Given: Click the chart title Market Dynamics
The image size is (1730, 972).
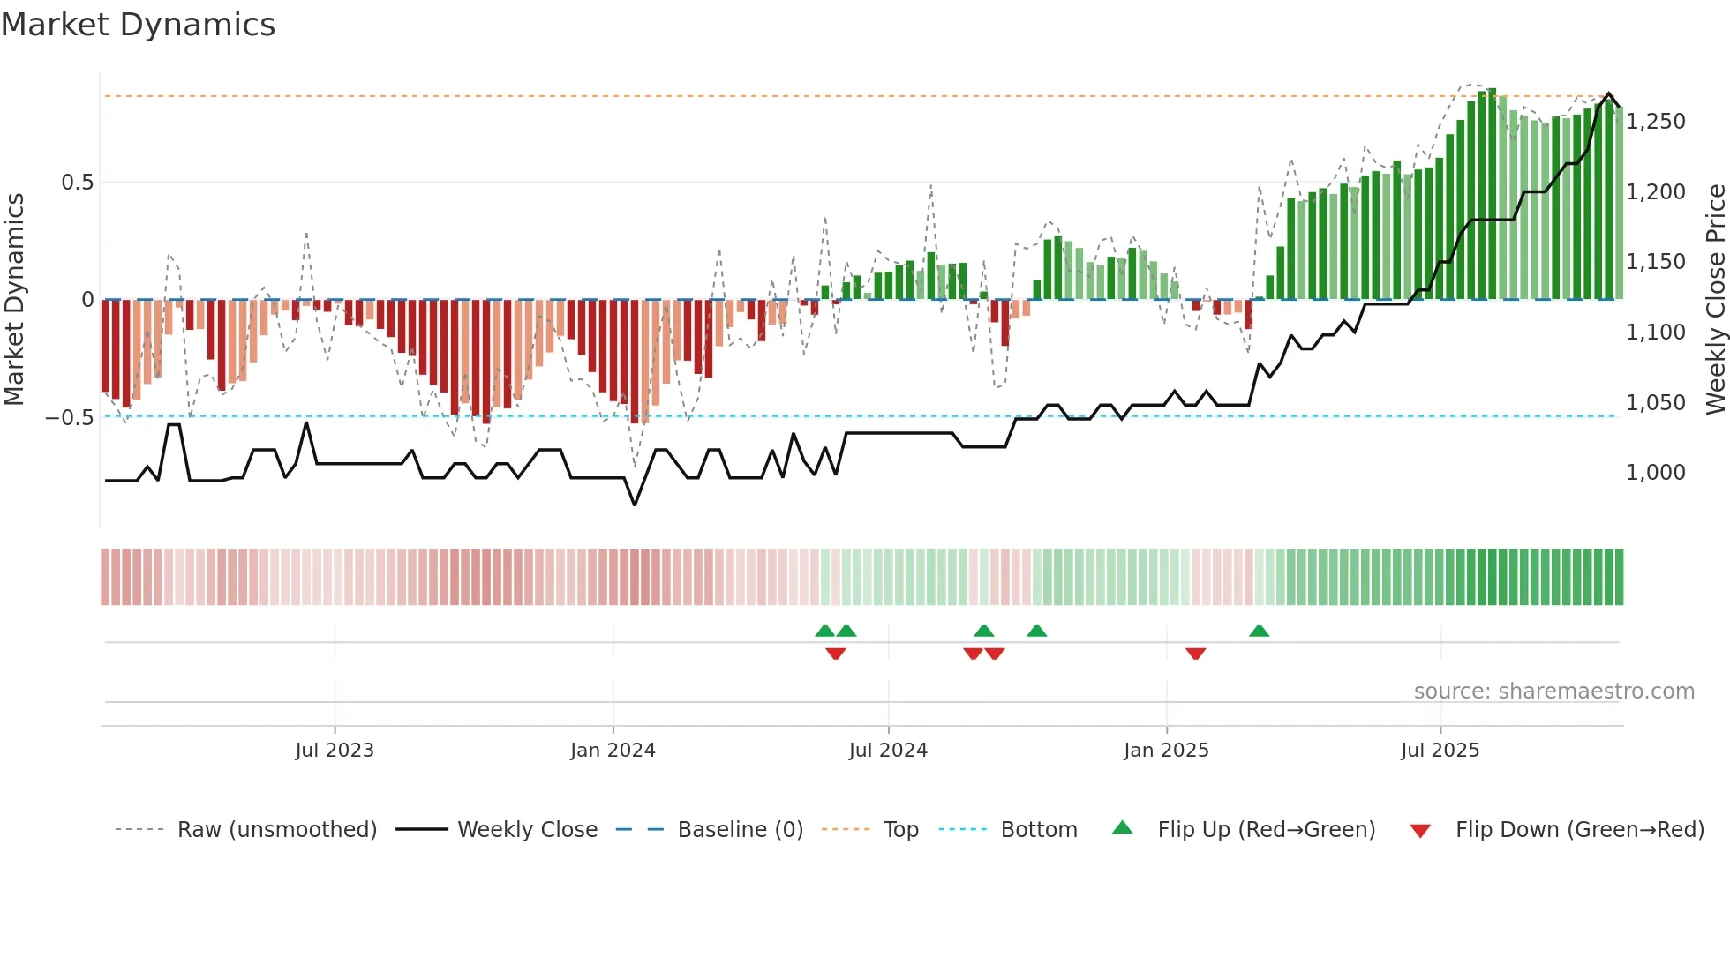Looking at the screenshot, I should tap(138, 25).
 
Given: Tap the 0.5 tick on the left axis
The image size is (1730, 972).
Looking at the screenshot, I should tap(77, 183).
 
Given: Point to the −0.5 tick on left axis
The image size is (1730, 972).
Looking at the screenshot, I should tap(70, 417).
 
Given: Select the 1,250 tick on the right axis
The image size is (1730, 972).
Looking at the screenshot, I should tap(1655, 122).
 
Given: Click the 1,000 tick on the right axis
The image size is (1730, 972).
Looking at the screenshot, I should tap(1655, 473).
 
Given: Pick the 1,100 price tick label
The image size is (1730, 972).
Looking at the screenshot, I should tap(1655, 333).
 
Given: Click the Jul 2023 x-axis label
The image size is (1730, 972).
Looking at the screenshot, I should tap(335, 751).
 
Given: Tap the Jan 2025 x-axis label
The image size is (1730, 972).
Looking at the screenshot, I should tap(1166, 751).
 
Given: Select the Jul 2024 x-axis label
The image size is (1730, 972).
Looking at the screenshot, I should tap(888, 751).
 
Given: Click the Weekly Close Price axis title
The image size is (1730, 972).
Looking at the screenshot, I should tap(1715, 299).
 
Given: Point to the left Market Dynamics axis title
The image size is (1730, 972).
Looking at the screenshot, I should tap(15, 299).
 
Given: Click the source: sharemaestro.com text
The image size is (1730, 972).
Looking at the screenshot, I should tap(1553, 692).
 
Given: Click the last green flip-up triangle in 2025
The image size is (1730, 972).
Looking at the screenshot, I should tap(1260, 632).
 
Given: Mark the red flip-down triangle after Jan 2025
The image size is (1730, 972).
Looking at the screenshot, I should tap(1196, 653).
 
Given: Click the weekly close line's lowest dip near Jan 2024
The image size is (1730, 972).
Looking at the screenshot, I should tap(635, 504).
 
